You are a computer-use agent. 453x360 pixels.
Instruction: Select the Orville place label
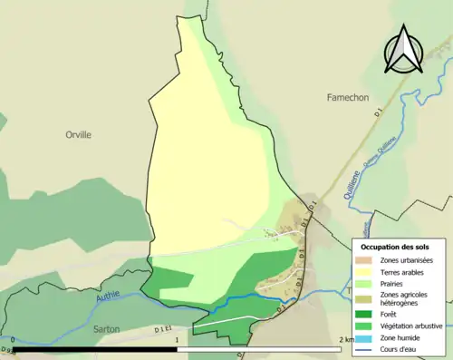point(79,134)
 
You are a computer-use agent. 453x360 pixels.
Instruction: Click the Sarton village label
point(106,328)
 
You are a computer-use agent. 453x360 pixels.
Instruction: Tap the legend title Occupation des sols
point(395,247)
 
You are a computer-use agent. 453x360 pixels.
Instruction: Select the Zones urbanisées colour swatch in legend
point(362,258)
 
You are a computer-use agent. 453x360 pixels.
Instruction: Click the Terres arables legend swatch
point(362,270)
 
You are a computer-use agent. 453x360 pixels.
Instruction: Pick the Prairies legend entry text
point(393,282)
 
